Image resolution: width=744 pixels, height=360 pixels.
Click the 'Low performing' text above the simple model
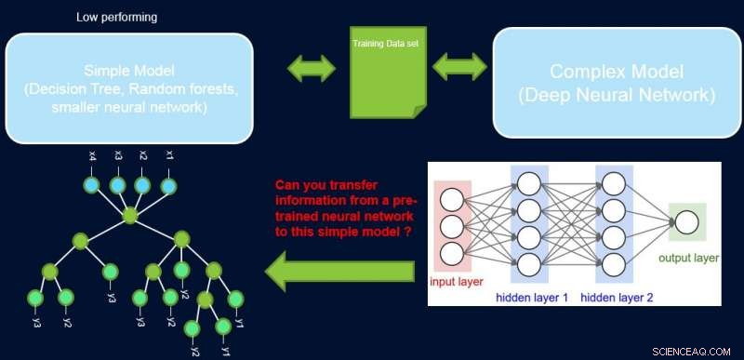coord(117,18)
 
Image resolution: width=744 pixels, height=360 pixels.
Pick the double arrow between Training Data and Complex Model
coord(460,68)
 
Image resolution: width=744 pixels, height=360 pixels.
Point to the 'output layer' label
coord(687,258)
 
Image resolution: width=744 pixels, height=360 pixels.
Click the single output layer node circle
coord(687,223)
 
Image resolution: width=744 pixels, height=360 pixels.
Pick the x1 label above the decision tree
coord(168,154)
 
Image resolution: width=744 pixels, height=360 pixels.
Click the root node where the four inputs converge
coord(130,216)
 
